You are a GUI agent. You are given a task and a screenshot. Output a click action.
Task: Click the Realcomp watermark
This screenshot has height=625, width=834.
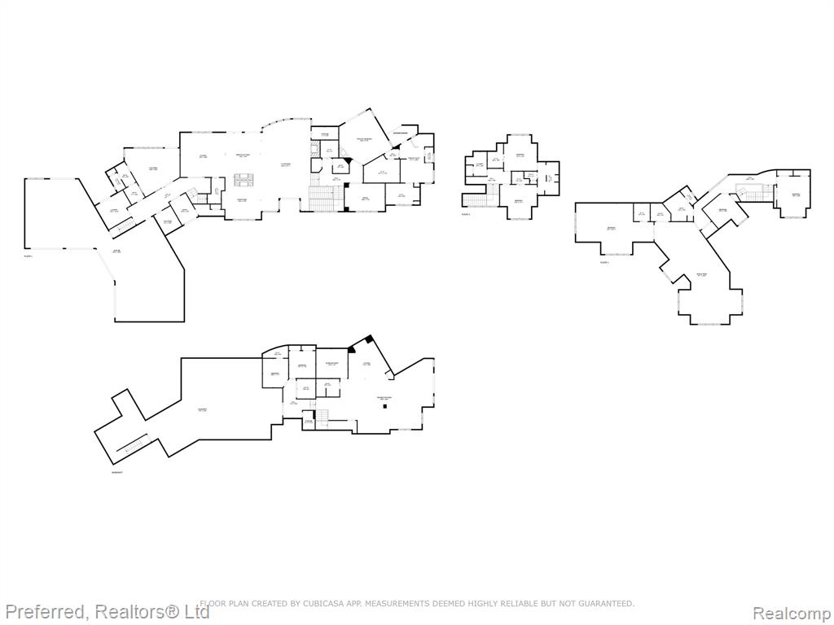792,612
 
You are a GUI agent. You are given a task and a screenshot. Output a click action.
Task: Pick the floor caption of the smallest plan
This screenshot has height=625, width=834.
466,214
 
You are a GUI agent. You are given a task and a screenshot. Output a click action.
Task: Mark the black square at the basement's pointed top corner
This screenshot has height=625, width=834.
368,339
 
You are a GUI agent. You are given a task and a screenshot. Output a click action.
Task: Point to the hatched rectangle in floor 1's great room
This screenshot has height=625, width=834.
243,179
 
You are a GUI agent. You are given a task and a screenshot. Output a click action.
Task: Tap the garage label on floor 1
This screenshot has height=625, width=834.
116,251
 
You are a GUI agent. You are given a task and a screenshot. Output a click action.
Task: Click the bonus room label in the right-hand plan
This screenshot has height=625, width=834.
700,275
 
